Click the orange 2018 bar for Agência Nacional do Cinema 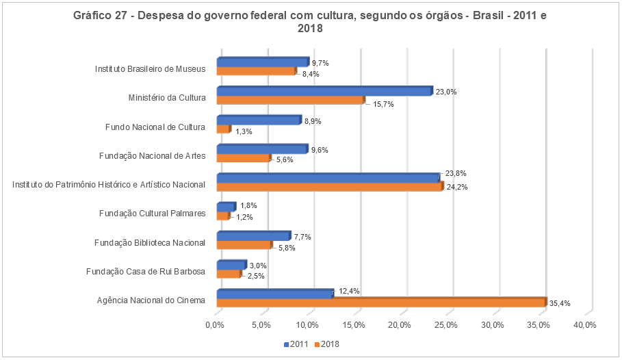click(x=381, y=302)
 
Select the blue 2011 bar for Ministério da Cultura click(x=324, y=91)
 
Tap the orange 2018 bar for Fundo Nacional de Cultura click(x=223, y=129)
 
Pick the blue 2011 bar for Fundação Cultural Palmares click(x=226, y=207)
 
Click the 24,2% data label click(x=457, y=188)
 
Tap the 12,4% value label click(x=349, y=291)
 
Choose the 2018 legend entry click(x=328, y=344)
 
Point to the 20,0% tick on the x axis click(x=400, y=324)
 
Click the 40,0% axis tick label click(x=585, y=324)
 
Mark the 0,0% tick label click(x=216, y=324)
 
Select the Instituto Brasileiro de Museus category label click(x=151, y=68)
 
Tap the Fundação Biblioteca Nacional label click(x=151, y=242)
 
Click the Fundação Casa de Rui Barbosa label click(x=146, y=271)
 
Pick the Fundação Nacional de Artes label click(x=152, y=155)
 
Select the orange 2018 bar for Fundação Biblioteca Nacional click(x=244, y=245)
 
